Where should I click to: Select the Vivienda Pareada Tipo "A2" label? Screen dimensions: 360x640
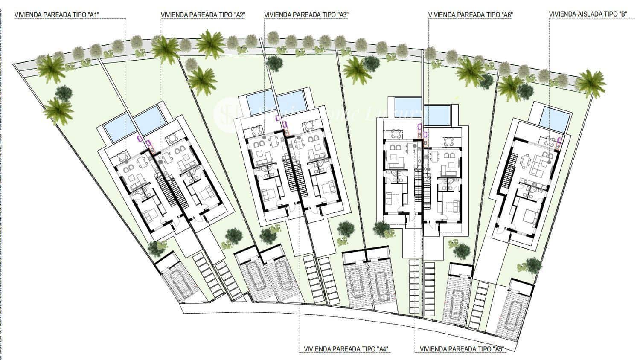tap(203, 14)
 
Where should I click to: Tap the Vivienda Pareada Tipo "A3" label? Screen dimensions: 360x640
tap(306, 14)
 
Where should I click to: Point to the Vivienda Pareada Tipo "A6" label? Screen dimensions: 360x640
tap(470, 14)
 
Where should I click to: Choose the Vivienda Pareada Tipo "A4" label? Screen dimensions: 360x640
tap(346, 349)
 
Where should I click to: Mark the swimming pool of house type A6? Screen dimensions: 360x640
tap(407, 104)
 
